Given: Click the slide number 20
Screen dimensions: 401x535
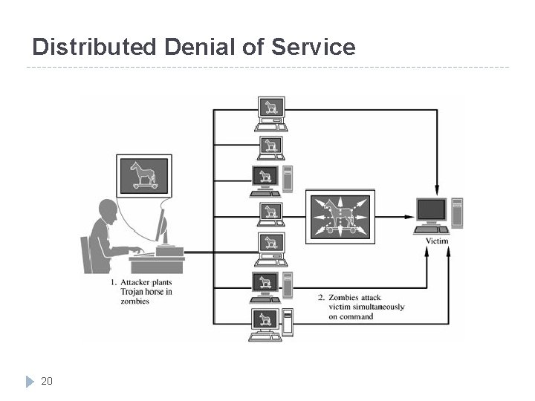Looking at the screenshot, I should [x=47, y=381].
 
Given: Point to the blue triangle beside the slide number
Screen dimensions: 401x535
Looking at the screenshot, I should [x=30, y=382].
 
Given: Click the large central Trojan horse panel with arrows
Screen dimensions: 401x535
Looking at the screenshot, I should [x=340, y=216].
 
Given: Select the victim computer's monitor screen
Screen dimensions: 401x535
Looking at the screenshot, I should [x=432, y=210].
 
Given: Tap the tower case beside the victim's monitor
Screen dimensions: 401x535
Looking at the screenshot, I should [x=457, y=212].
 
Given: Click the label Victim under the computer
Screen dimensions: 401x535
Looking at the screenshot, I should [x=437, y=241].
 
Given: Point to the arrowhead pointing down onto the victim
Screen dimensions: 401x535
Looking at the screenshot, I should [x=437, y=190].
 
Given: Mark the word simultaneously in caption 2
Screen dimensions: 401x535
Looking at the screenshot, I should [x=380, y=307].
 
